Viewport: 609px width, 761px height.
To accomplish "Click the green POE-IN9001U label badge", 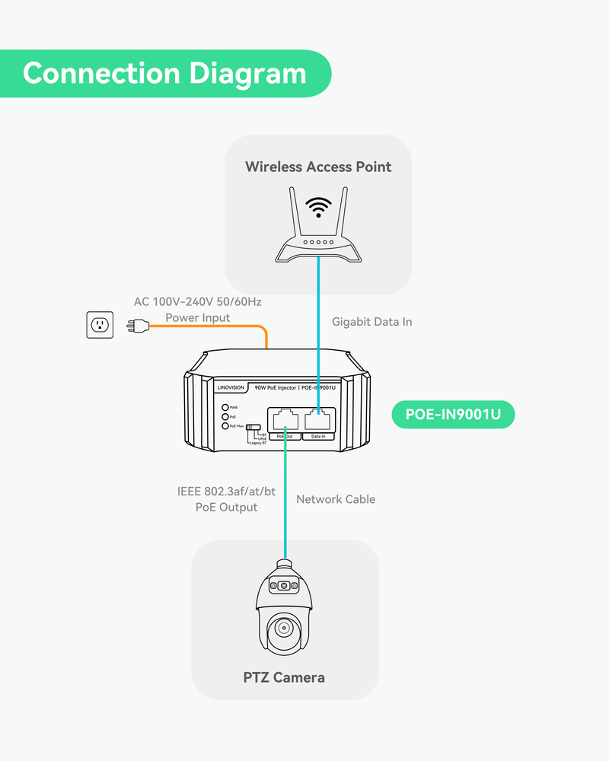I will (453, 415).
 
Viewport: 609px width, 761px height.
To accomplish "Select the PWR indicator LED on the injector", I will (224, 408).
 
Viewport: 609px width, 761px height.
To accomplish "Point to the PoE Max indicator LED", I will (224, 426).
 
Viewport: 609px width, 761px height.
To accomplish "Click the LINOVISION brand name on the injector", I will (231, 387).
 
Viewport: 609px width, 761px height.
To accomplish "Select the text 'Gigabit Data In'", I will (372, 322).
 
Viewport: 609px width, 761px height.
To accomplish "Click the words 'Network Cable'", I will (336, 499).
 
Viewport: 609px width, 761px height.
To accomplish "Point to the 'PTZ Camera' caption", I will (284, 677).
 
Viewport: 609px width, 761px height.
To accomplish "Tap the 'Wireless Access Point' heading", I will (318, 167).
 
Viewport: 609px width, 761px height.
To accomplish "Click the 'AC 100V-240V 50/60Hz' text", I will (198, 301).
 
